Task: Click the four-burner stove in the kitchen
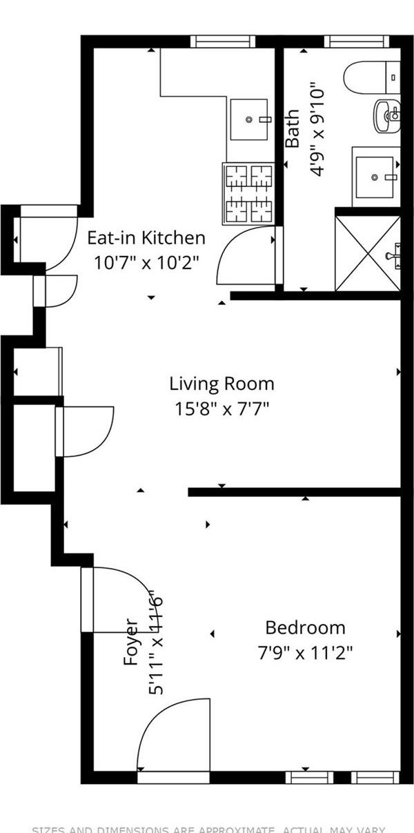(249, 193)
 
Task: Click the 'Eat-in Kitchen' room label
(146, 238)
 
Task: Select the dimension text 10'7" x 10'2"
(146, 262)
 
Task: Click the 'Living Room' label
(221, 384)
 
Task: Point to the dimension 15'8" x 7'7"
(221, 408)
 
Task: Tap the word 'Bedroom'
(305, 628)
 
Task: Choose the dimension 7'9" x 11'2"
(305, 652)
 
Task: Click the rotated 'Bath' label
(293, 128)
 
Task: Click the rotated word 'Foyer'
(131, 642)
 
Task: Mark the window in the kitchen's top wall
(223, 41)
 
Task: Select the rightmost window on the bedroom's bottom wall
(375, 778)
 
